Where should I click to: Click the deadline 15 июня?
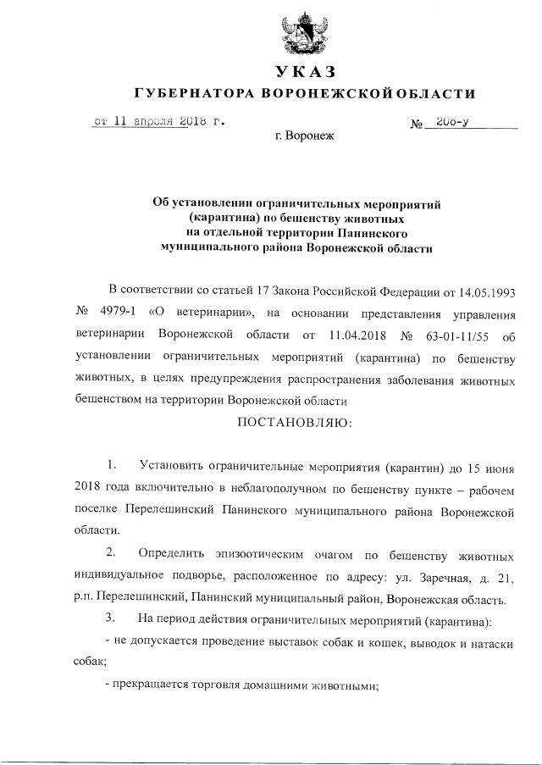(486, 468)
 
